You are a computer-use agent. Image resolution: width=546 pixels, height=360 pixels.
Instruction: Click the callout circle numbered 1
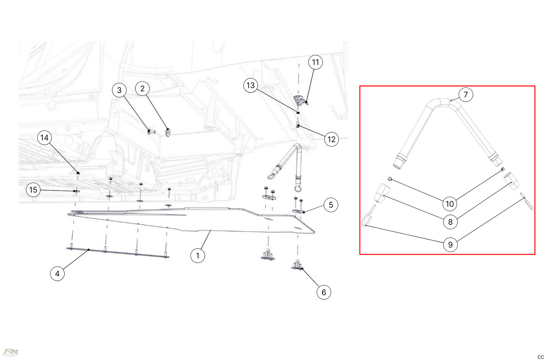tap(197, 255)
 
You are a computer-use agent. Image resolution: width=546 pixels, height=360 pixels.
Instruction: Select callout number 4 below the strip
tap(57, 274)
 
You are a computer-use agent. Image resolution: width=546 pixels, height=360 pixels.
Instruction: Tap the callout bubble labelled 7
tap(465, 94)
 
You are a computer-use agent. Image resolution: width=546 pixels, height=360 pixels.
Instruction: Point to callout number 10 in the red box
tap(450, 204)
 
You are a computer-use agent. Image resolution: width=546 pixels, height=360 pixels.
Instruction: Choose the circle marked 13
tap(250, 85)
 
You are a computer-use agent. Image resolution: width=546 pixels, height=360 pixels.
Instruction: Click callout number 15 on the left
tap(33, 190)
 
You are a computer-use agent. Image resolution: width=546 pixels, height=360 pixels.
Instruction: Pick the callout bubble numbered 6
tap(324, 292)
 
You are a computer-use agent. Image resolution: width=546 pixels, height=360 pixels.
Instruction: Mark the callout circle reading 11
tap(315, 62)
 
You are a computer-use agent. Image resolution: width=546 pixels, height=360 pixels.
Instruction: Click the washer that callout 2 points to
tap(168, 132)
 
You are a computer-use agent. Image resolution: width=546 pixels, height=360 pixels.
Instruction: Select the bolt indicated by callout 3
tap(151, 131)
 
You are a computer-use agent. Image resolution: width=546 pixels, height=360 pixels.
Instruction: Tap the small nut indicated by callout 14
tap(78, 172)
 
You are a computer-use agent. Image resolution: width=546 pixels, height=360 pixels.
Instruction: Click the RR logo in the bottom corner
tap(10, 352)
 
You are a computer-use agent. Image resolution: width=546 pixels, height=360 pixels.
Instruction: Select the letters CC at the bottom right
tap(540, 357)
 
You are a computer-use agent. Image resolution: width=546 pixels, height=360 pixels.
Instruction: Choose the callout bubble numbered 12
tap(331, 139)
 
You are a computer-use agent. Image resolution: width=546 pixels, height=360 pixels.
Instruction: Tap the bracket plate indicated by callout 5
tap(299, 211)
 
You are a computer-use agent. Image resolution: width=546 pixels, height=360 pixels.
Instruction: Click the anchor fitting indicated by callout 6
tap(297, 265)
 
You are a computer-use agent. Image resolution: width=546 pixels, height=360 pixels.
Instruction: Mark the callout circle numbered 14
tap(44, 138)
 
